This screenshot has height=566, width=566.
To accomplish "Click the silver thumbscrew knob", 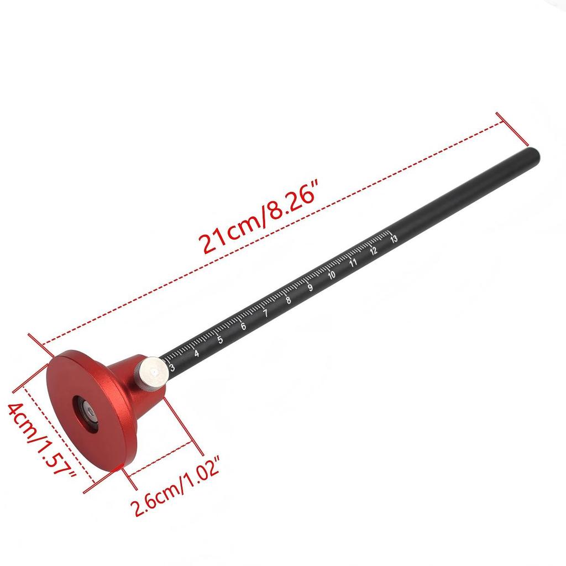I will tap(153, 374).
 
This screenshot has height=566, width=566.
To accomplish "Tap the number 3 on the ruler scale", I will tap(172, 367).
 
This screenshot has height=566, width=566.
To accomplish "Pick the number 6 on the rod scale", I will tap(243, 327).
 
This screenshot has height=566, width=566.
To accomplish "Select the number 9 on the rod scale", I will tap(310, 288).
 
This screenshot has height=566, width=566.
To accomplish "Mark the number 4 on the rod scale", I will tap(197, 353).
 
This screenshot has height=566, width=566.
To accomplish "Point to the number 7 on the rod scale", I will tap(265, 314).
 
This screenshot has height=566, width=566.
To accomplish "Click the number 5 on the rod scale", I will tap(220, 340).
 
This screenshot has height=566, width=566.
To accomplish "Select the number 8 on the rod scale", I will tap(288, 301).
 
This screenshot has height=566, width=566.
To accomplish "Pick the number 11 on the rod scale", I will tap(353, 263).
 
